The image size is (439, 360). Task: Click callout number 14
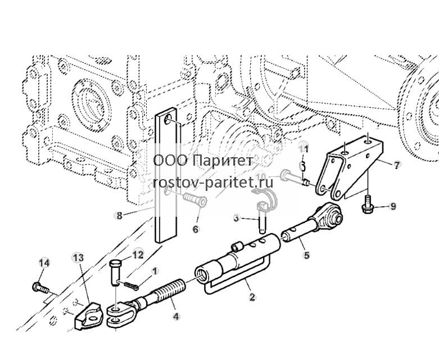click(x=44, y=263)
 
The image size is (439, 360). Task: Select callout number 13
click(x=78, y=258)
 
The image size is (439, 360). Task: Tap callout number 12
click(x=138, y=254)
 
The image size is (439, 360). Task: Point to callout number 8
click(x=119, y=216)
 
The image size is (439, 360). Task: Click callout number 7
click(x=396, y=166)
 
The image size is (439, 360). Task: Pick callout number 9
click(x=393, y=207)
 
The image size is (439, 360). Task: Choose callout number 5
click(x=307, y=255)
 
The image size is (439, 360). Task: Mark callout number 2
click(x=252, y=297)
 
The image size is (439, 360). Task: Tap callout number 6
click(x=196, y=229)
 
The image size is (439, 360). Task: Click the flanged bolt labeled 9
click(x=367, y=205)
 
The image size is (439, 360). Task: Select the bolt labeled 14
click(x=40, y=288)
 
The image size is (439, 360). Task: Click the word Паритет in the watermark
click(x=223, y=161)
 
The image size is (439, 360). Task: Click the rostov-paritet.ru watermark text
click(x=213, y=183)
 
